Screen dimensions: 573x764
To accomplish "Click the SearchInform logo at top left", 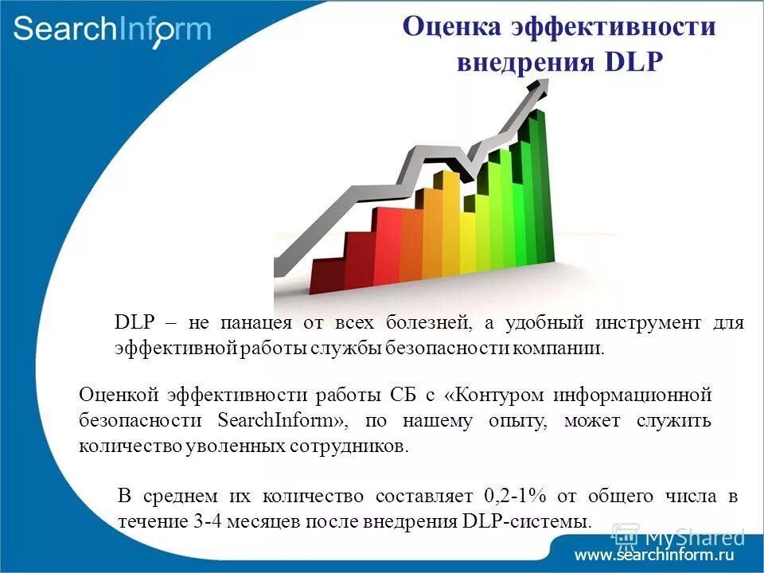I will click(112, 30).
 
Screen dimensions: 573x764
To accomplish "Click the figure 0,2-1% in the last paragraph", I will click(514, 497).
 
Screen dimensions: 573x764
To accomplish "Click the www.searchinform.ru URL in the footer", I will click(653, 555).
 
